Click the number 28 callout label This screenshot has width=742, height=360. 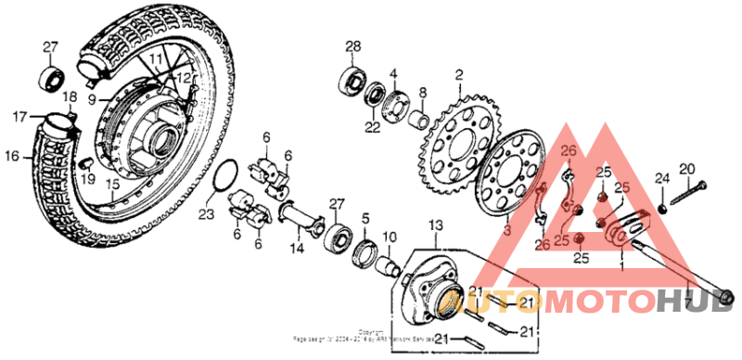[x=352, y=47]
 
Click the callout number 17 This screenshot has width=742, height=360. [x=19, y=118]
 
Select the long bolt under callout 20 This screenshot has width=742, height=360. [x=687, y=195]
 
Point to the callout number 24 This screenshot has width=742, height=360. [x=662, y=178]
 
